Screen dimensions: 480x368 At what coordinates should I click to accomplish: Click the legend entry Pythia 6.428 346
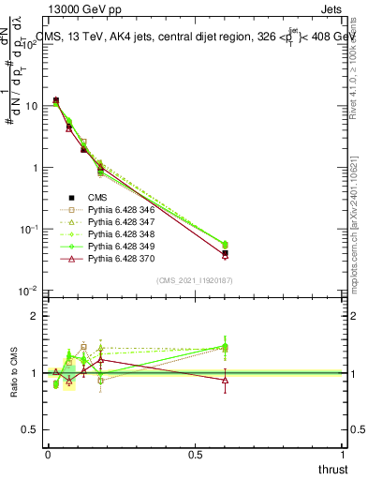click(119, 209)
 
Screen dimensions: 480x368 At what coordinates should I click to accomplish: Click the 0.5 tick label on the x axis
click(195, 454)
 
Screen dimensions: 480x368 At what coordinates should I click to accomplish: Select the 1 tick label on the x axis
click(343, 454)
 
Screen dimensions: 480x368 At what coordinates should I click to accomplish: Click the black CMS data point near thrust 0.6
click(225, 254)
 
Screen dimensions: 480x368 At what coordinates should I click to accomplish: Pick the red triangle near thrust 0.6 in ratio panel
click(225, 380)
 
